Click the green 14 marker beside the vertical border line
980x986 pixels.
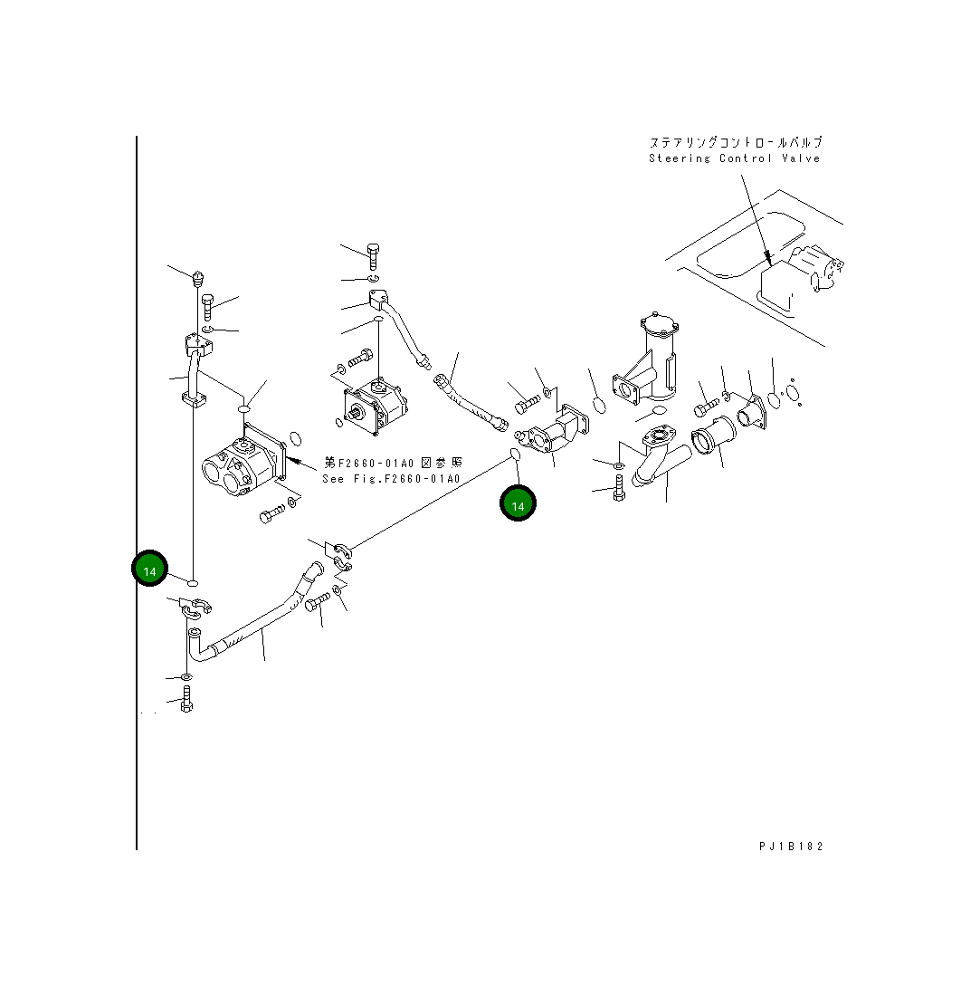point(150,571)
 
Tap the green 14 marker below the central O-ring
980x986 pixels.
point(518,505)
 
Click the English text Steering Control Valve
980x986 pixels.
point(734,158)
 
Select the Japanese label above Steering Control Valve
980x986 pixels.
point(735,142)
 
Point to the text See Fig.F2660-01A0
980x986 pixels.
point(391,479)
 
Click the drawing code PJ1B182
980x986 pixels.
point(791,847)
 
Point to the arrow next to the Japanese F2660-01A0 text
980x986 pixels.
point(304,463)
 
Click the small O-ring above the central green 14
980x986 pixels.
point(512,452)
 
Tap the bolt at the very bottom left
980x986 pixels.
point(186,700)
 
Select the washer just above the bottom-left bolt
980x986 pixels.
point(186,677)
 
